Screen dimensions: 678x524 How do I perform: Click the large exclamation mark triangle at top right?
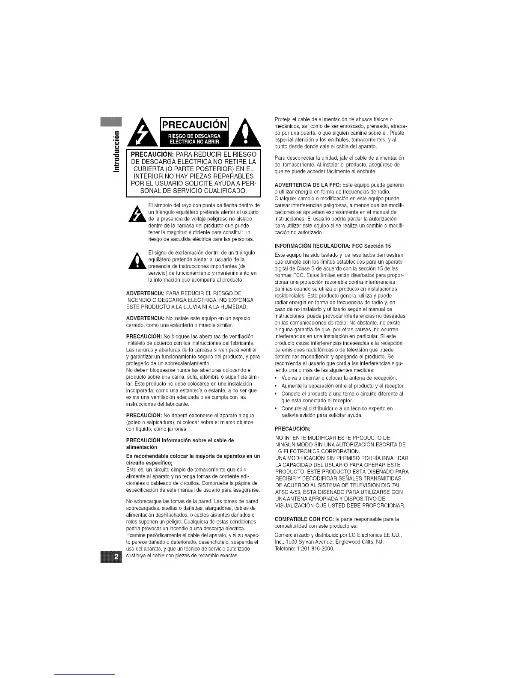click(x=245, y=134)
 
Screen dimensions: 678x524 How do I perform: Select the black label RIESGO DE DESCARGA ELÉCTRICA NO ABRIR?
click(x=194, y=139)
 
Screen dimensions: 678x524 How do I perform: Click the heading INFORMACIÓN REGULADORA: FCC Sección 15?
click(x=333, y=246)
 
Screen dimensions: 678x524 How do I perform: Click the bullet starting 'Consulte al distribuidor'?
click(x=336, y=408)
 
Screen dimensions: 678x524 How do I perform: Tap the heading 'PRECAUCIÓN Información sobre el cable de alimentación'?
click(x=180, y=443)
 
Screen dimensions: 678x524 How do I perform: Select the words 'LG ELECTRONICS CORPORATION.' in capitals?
click(x=317, y=452)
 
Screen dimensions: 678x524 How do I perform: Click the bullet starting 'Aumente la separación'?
click(x=342, y=386)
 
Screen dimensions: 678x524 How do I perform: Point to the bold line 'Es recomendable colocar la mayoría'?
click(x=193, y=456)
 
